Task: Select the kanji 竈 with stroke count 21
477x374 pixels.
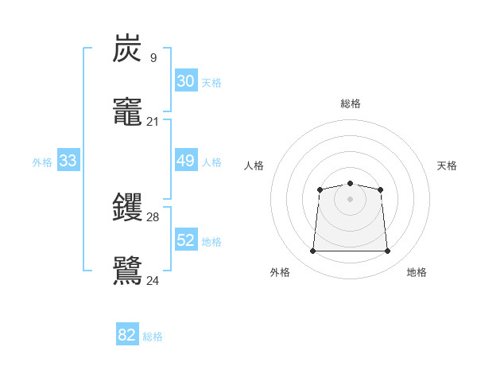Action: [128, 111]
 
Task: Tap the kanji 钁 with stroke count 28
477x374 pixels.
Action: [128, 208]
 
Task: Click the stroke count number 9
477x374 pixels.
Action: [153, 58]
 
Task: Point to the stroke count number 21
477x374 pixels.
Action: [153, 122]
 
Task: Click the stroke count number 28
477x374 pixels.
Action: [153, 217]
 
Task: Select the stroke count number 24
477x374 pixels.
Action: [153, 281]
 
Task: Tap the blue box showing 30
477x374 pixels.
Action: [185, 81]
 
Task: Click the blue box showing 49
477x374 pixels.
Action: [185, 161]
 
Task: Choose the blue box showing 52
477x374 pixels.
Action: [185, 240]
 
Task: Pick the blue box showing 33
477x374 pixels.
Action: [68, 161]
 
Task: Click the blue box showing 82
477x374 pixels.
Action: [127, 335]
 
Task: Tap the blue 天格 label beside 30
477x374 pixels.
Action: [211, 83]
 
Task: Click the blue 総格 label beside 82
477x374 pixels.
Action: [153, 337]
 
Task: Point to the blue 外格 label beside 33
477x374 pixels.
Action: [42, 162]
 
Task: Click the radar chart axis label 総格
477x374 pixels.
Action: [350, 103]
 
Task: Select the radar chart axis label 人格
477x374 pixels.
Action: [254, 166]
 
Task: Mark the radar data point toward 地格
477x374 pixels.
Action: [387, 251]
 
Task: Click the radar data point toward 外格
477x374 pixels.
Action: [312, 251]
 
